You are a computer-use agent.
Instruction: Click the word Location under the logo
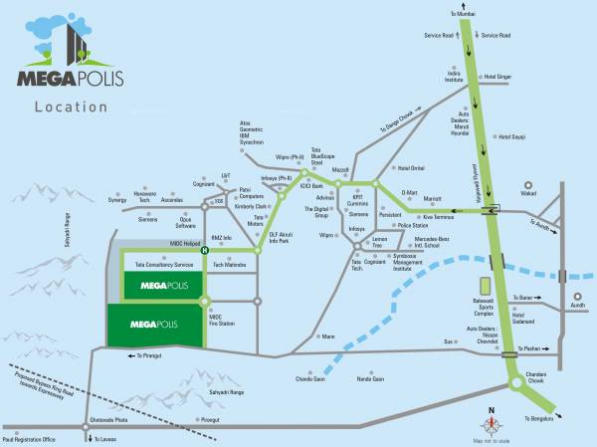[67, 106]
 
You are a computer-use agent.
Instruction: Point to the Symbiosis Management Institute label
[386, 266]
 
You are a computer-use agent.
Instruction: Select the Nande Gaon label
[370, 378]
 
